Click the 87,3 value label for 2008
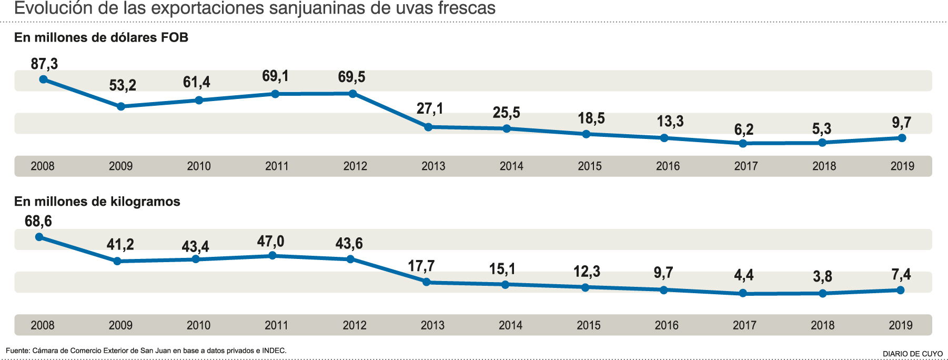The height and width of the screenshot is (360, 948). coord(44,64)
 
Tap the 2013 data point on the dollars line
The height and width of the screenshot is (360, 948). coord(428,127)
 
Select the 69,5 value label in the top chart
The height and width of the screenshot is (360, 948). coord(351,77)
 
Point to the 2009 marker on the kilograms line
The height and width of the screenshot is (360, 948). coord(117,261)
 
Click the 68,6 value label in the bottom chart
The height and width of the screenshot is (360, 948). coord(38,221)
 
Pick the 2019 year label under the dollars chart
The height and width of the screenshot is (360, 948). coord(902,166)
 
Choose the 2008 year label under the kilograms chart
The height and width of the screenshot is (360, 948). coord(43,325)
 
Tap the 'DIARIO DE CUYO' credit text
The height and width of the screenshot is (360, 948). coord(913,354)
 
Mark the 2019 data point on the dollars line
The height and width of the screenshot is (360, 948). coord(902,138)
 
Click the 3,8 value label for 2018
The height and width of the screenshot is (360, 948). coord(822,277)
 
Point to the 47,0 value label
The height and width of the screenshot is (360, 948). coord(270,242)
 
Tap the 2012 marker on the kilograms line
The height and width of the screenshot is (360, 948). coord(351,259)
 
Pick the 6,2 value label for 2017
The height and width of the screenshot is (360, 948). coord(744,129)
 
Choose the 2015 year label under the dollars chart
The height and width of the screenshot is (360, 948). coord(590,166)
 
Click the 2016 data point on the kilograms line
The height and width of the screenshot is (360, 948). coord(664,290)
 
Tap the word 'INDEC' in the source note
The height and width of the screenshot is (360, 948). coord(274,351)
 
